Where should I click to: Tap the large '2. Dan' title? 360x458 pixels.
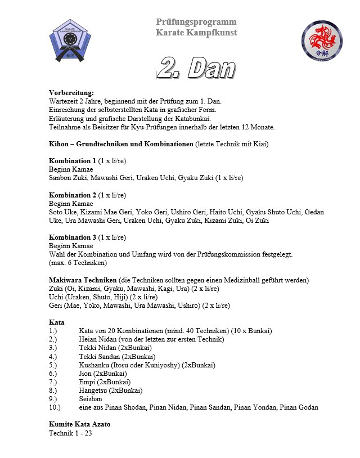(196, 69)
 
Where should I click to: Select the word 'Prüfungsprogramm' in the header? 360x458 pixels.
(196, 22)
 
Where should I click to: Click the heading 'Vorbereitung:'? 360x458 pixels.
(71, 92)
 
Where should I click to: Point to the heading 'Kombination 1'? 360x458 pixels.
(73, 160)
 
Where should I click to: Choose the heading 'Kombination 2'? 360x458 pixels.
(73, 195)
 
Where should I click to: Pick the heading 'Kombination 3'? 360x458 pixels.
(73, 237)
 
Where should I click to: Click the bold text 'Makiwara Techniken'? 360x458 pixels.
(83, 280)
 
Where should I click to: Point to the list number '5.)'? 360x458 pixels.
(53, 365)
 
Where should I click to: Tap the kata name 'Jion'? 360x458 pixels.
(86, 373)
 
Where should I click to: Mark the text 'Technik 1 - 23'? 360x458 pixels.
(70, 433)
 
